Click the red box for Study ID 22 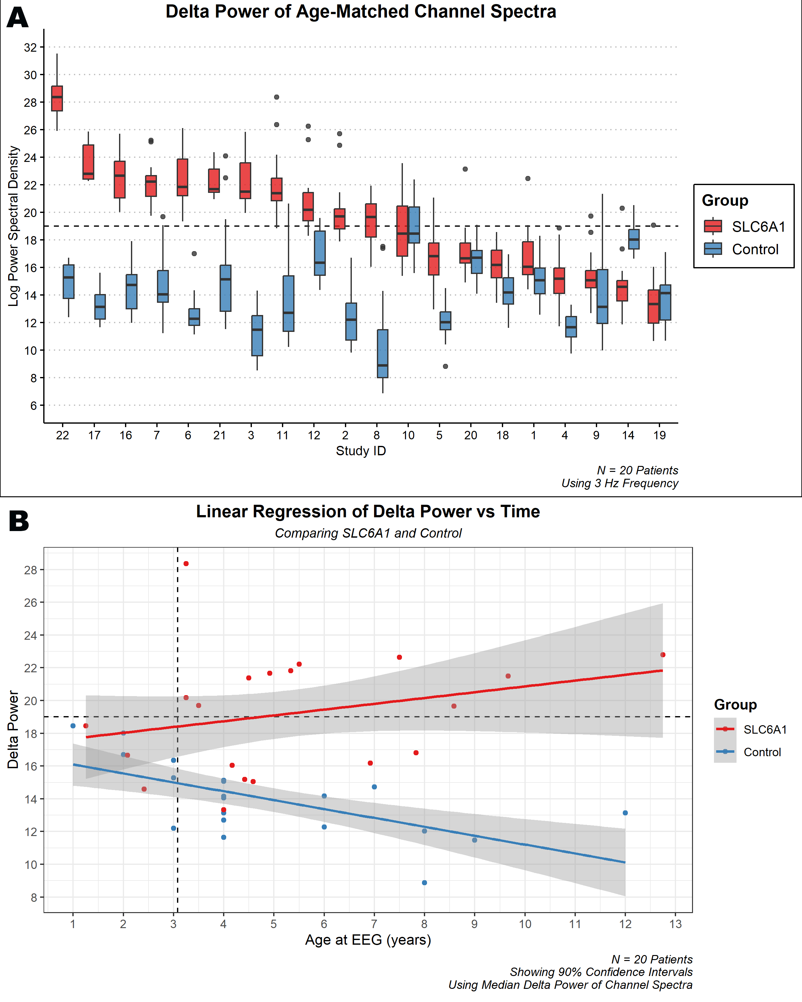[57, 99]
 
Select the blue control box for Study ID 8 [383, 354]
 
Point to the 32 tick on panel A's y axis [31, 47]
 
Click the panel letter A [18, 18]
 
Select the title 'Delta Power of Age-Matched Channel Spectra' [361, 12]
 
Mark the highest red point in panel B [186, 564]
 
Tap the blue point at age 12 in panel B [625, 813]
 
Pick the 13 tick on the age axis [675, 924]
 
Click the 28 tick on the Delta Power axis [31, 570]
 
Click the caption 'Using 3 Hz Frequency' [619, 483]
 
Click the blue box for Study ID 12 [320, 253]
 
